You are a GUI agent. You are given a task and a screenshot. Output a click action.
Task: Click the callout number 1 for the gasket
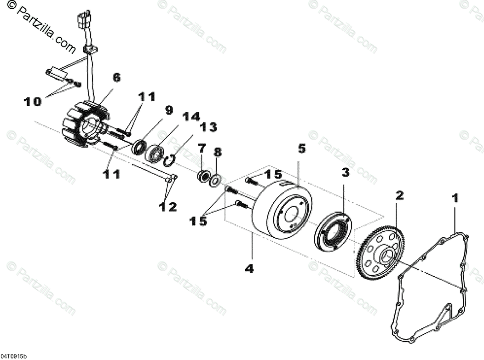point(455,199)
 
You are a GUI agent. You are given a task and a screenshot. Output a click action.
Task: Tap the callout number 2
point(399,195)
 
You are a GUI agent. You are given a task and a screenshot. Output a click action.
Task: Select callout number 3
point(345,172)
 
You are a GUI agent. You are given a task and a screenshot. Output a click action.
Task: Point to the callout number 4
point(249,268)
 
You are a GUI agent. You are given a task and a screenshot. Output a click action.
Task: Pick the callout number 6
point(116,77)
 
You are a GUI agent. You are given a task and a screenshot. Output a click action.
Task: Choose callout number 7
point(201,149)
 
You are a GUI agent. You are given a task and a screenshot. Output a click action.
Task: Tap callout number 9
point(169,110)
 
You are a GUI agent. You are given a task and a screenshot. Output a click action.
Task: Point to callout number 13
point(208,127)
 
